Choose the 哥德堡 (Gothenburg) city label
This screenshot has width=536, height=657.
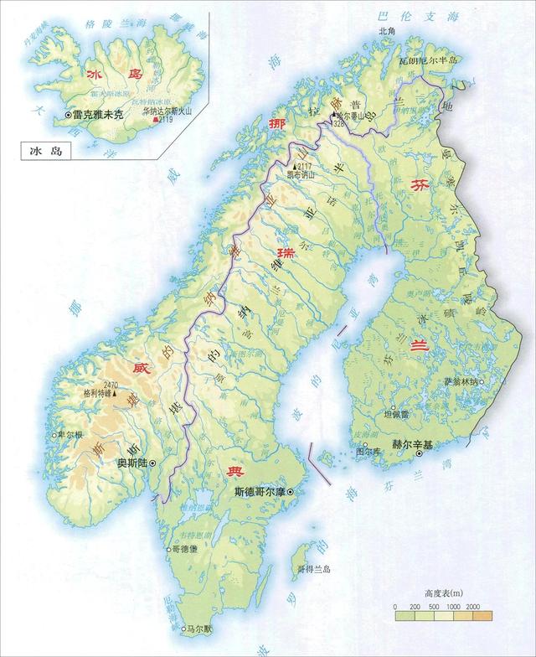(x=185, y=550)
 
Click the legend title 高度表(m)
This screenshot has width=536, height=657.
(x=441, y=591)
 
